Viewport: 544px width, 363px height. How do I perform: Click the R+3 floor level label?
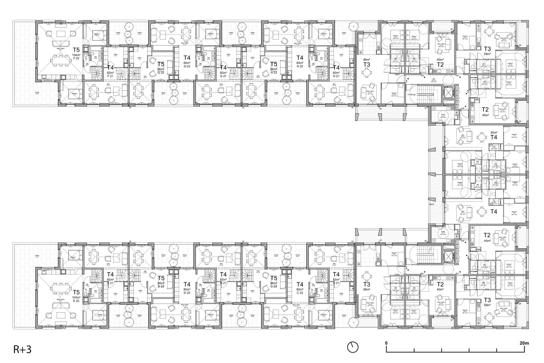click(x=22, y=349)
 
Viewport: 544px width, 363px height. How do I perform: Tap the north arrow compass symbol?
click(x=353, y=347)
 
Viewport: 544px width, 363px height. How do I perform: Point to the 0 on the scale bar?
click(x=386, y=343)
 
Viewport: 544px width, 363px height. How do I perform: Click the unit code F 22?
click(x=76, y=59)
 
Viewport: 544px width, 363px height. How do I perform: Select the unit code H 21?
click(x=336, y=76)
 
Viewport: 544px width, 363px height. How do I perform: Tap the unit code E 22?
click(x=76, y=301)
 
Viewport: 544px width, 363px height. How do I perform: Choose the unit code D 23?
click(x=161, y=286)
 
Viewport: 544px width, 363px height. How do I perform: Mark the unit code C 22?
click(x=300, y=293)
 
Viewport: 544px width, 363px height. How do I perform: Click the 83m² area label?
click(x=494, y=133)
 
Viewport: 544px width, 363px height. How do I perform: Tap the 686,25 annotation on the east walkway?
click(x=431, y=204)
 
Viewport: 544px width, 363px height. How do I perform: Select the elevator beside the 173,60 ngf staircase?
click(x=447, y=93)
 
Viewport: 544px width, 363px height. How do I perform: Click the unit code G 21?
click(x=223, y=76)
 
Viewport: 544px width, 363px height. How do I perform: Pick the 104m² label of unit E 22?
click(x=76, y=297)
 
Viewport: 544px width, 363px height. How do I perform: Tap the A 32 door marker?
click(x=422, y=76)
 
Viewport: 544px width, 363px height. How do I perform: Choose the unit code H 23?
click(x=274, y=73)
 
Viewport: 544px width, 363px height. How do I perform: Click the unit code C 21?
click(x=336, y=283)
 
